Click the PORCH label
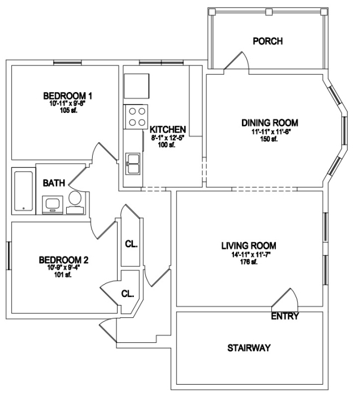tap(268, 41)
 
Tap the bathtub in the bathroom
tap(24, 191)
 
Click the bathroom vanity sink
tap(53, 204)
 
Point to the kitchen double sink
tap(133, 164)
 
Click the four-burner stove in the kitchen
tap(136, 116)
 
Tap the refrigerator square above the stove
tap(136, 86)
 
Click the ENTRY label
tap(285, 316)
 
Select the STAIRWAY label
tap(249, 348)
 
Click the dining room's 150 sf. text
tap(269, 139)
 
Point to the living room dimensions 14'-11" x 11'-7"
tap(249, 255)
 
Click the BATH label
tap(54, 183)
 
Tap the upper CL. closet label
tap(131, 244)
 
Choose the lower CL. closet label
tap(127, 294)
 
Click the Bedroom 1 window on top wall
tap(68, 62)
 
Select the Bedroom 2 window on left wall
tap(8, 255)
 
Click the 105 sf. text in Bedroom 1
tap(68, 111)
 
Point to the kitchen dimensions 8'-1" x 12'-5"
tap(167, 138)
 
